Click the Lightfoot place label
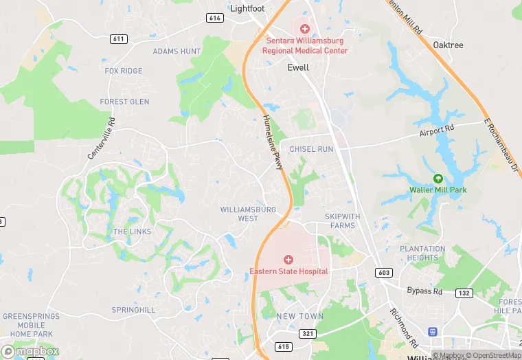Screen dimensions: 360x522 point(247,8)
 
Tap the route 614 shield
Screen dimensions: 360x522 point(214,18)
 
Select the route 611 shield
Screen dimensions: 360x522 point(119,39)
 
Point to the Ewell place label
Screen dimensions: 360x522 point(298,68)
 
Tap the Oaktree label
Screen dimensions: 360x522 point(449,45)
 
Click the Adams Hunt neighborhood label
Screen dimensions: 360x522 point(177,52)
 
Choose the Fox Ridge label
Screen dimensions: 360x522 point(124,71)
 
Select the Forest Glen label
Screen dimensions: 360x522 point(124,102)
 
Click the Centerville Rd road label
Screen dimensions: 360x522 point(102,138)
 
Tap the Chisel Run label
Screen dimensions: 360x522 point(311,149)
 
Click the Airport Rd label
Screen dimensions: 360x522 point(437,129)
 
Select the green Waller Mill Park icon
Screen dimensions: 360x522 point(438,179)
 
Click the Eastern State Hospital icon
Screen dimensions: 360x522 point(288,260)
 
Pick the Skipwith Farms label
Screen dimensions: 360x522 point(342,221)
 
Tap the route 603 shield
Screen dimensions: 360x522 point(384,273)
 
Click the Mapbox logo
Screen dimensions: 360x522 point(30,351)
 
